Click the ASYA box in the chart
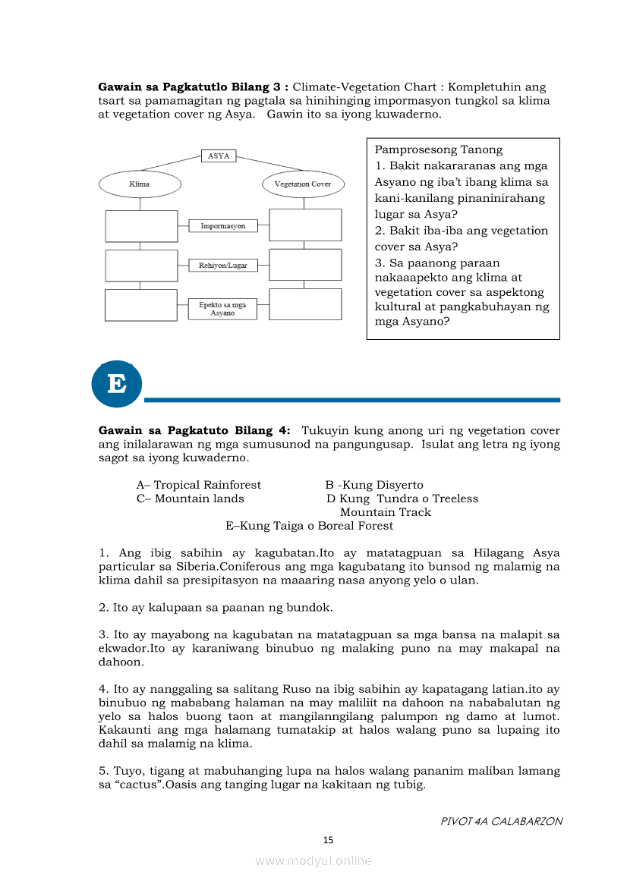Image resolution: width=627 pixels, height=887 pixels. click(x=219, y=156)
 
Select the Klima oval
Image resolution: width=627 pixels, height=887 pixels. click(x=140, y=184)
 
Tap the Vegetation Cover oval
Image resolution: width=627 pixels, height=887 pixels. click(x=303, y=184)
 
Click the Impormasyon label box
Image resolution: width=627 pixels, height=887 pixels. click(x=222, y=226)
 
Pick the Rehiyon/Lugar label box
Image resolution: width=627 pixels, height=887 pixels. click(x=222, y=266)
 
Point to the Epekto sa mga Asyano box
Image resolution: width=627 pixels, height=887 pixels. click(x=222, y=309)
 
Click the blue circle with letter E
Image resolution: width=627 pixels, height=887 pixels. click(x=117, y=384)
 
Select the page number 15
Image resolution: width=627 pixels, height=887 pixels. click(x=328, y=839)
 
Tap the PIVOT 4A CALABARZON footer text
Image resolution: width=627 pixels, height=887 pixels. click(x=501, y=821)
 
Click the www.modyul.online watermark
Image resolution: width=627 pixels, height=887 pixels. click(x=313, y=860)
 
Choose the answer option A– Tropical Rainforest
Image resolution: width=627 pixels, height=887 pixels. click(x=199, y=485)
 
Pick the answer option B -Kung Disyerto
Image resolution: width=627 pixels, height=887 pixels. click(x=374, y=485)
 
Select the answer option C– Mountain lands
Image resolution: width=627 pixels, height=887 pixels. click(x=191, y=499)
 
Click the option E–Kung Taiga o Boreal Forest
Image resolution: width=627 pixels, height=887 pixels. click(x=309, y=526)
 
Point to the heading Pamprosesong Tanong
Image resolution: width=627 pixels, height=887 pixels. click(x=439, y=150)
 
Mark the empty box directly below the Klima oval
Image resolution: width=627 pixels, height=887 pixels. click(x=140, y=226)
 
